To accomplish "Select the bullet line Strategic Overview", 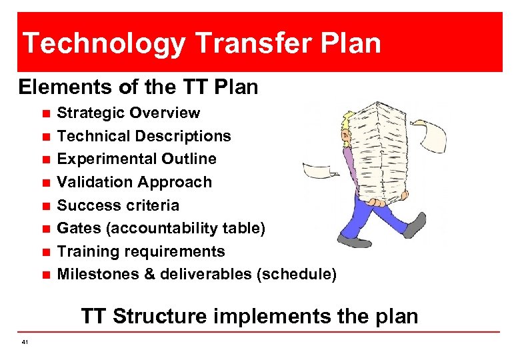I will pyautogui.click(x=128, y=113).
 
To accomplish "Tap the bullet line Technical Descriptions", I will pyautogui.click(x=144, y=136).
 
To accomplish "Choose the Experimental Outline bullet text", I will pyautogui.click(x=137, y=159).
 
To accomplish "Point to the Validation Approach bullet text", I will pyautogui.click(x=134, y=182).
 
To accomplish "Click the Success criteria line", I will pyautogui.click(x=118, y=205).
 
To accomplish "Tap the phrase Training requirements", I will pyautogui.click(x=141, y=251).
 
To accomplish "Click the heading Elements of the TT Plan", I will pyautogui.click(x=138, y=87).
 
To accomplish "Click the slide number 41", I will pyautogui.click(x=25, y=342).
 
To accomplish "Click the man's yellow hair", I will pyautogui.click(x=345, y=123).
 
